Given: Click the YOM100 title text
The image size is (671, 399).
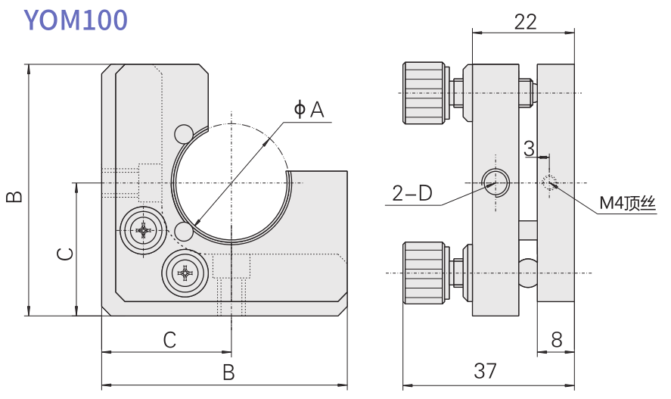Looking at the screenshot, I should tap(76, 20).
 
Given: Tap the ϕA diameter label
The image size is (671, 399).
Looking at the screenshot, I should tap(309, 110).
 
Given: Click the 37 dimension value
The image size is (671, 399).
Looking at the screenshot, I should tap(485, 371).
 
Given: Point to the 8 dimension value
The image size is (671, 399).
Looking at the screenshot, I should tap(557, 340).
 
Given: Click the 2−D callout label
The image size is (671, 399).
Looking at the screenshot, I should tap(412, 194).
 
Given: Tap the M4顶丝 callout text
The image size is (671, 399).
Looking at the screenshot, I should tap(626, 203).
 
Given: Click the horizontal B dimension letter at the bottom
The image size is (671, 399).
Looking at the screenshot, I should tap(228, 372).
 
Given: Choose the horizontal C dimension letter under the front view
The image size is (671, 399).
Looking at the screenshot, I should tap(170, 340).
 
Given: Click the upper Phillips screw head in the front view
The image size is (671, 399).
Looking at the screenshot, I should tap(143, 229).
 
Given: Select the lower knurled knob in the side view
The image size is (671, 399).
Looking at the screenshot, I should tap(424, 273).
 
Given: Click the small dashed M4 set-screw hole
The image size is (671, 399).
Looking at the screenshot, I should tap(549, 182).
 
